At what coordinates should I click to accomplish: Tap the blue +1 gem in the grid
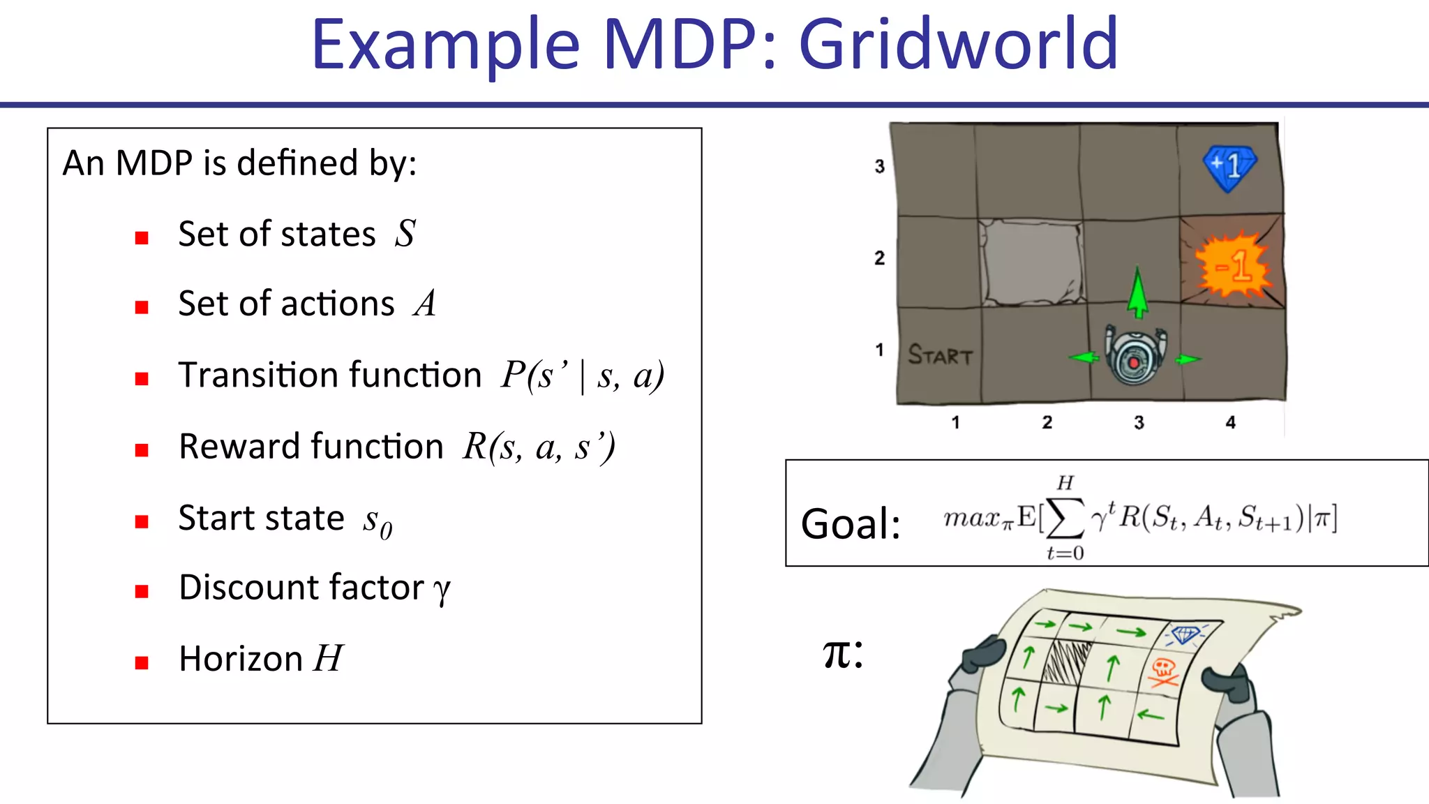[x=1229, y=167]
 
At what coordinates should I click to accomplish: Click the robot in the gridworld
[x=1135, y=356]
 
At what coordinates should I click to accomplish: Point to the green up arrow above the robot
[x=1137, y=292]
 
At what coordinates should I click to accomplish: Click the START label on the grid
[x=940, y=355]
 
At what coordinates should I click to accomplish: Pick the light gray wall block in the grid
[x=1031, y=262]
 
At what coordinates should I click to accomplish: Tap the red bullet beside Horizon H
[x=142, y=662]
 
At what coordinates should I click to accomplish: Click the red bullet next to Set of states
[x=142, y=238]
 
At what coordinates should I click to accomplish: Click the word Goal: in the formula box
[x=851, y=524]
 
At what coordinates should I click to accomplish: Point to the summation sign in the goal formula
[x=1065, y=518]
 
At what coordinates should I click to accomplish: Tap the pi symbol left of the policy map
[x=842, y=654]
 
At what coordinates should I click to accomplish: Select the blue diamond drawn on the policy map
[x=1185, y=634]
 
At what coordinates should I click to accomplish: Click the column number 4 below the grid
[x=1230, y=422]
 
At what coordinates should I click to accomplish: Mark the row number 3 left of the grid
[x=879, y=166]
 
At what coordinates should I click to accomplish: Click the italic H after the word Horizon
[x=328, y=658]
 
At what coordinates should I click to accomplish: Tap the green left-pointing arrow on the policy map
[x=1151, y=715]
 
